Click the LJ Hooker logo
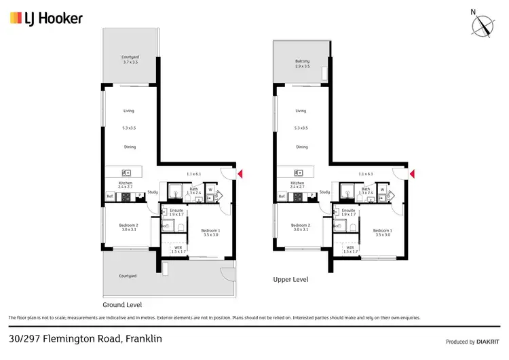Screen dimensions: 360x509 (46, 18)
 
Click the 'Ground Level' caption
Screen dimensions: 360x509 (121, 305)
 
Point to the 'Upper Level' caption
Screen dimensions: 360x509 (290, 279)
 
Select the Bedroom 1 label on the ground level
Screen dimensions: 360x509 (210, 232)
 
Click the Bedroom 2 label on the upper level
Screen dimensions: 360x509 (300, 226)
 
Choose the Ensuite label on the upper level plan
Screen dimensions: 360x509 (349, 211)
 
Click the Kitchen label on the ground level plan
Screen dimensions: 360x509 (125, 183)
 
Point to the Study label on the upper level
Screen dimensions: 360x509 (324, 192)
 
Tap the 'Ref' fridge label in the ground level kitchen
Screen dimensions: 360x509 (109, 196)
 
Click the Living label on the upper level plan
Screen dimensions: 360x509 (301, 111)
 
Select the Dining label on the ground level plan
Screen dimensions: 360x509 (130, 147)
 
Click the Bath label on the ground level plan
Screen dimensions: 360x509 (193, 190)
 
